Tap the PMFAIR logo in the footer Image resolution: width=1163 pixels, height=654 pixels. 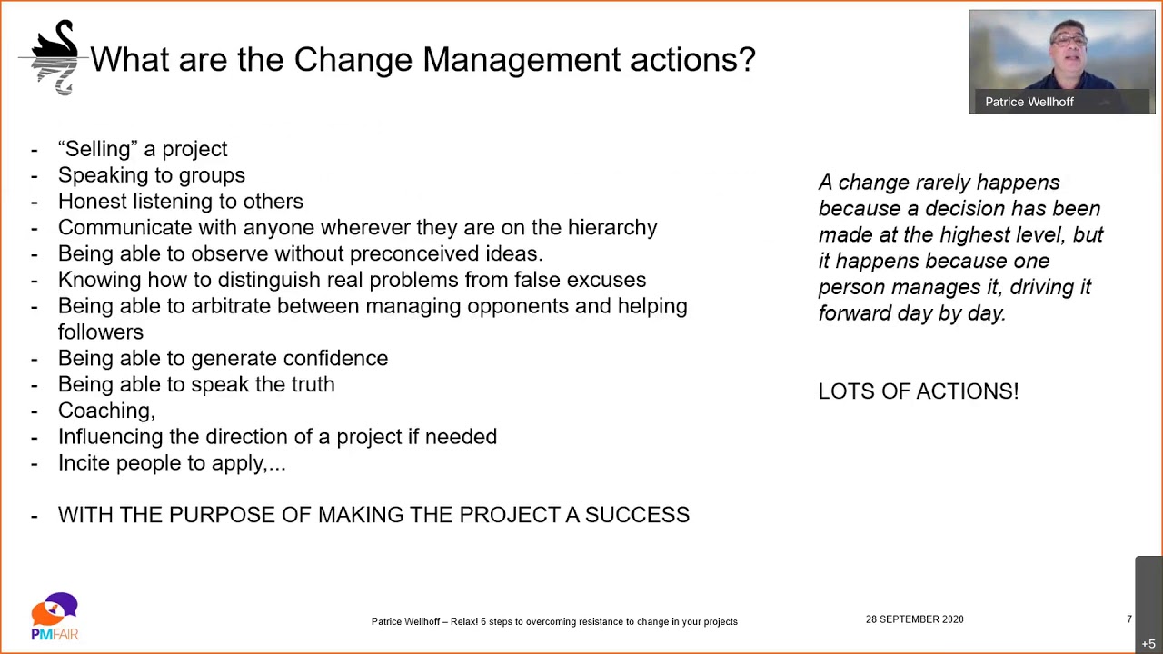tap(55, 617)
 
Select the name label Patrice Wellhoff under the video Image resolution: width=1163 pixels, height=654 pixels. tap(1029, 102)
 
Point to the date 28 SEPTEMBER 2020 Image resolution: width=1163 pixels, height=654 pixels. tap(914, 619)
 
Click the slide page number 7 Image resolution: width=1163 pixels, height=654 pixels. tap(1129, 619)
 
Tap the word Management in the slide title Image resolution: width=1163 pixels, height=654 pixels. tap(522, 60)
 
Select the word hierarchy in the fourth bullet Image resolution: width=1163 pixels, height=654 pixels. tap(611, 227)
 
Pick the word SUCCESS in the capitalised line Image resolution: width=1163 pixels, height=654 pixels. tap(637, 515)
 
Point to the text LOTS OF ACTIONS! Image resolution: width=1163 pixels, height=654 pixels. tap(918, 391)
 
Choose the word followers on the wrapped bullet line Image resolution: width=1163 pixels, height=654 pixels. tap(100, 332)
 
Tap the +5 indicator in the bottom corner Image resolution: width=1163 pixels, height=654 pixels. tap(1148, 644)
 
